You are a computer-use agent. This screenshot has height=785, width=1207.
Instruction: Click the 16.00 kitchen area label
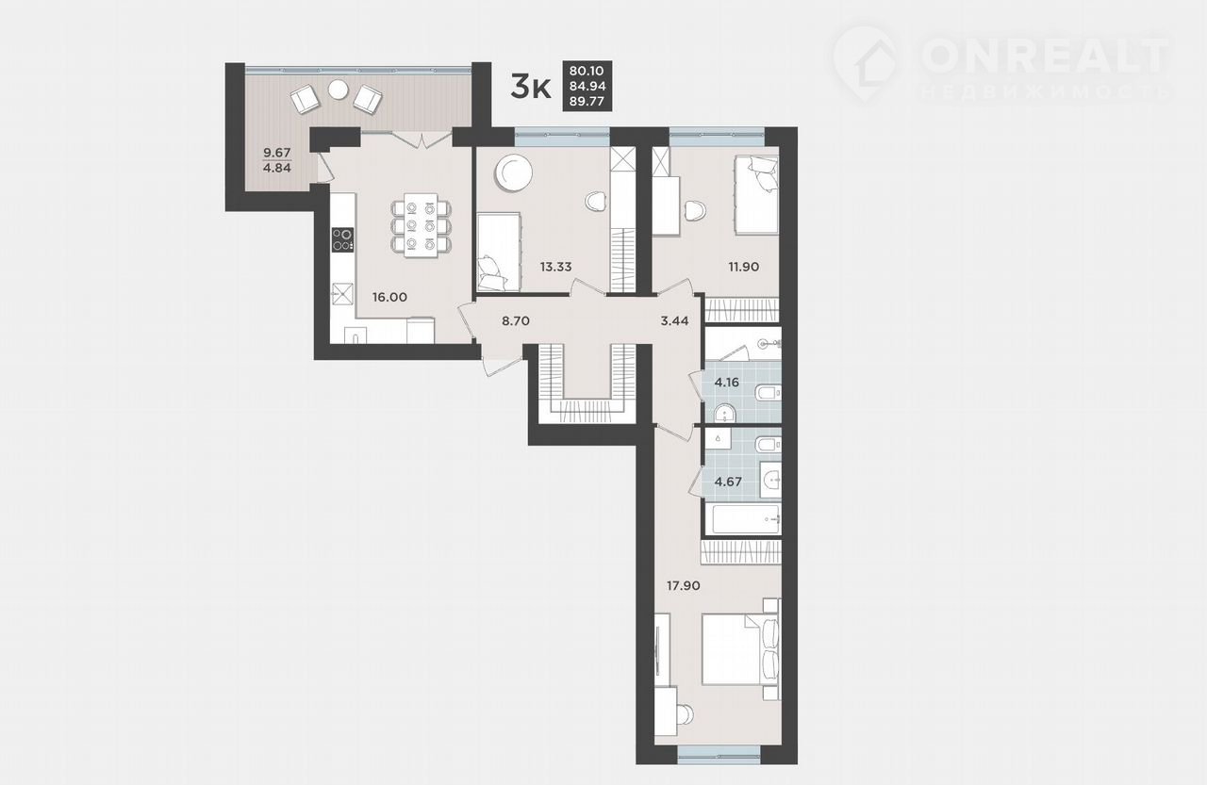pyautogui.click(x=389, y=297)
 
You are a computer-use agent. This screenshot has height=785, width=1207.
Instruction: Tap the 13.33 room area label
pyautogui.click(x=555, y=267)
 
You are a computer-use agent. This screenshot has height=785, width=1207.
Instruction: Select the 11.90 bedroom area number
pyautogui.click(x=744, y=267)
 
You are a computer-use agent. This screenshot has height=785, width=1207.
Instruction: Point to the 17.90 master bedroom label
pyautogui.click(x=684, y=585)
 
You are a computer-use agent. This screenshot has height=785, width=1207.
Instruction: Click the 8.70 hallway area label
pyautogui.click(x=516, y=321)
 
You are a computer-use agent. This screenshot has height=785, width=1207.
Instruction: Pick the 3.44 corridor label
pyautogui.click(x=674, y=321)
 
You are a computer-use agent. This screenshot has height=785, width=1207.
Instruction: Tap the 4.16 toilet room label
pyautogui.click(x=726, y=383)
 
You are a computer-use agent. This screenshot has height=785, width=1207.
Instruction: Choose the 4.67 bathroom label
pyautogui.click(x=728, y=482)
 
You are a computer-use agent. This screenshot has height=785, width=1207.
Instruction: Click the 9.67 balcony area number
pyautogui.click(x=277, y=153)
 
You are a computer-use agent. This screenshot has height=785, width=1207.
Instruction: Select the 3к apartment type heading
pyautogui.click(x=531, y=89)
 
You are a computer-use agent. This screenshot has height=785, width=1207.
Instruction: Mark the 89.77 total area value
pyautogui.click(x=587, y=101)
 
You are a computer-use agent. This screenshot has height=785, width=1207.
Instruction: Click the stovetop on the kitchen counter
pyautogui.click(x=342, y=239)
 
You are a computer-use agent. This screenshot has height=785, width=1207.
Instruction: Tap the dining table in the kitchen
pyautogui.click(x=421, y=225)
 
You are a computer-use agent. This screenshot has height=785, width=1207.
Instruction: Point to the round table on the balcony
pyautogui.click(x=339, y=90)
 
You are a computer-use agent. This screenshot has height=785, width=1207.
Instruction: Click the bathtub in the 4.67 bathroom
pyautogui.click(x=742, y=519)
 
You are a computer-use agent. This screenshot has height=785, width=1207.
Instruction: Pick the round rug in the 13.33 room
pyautogui.click(x=514, y=172)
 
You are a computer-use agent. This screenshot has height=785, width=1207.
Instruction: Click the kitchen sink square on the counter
pyautogui.click(x=341, y=294)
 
